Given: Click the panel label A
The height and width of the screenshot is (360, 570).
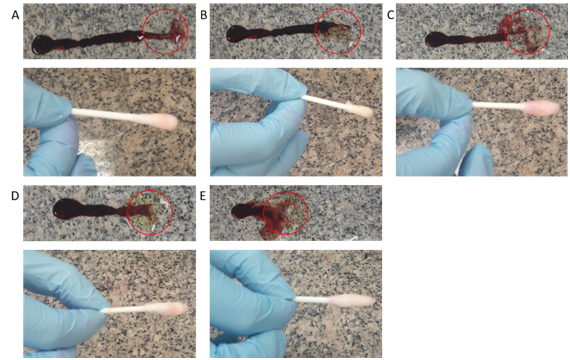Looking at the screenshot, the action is pos(15,15).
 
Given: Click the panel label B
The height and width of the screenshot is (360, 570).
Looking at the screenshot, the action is pos(204,15).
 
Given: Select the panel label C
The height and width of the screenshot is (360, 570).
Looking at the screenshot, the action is pos(391,15).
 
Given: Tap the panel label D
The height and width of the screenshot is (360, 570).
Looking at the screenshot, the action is pos(15,196).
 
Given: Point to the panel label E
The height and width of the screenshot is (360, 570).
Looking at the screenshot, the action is pos(203,196).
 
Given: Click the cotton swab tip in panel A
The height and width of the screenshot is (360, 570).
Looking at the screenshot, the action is pos(164,121).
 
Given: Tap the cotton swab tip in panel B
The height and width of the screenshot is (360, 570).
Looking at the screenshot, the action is pos(361,110).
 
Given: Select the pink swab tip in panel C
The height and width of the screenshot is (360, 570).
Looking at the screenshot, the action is pos(542,108).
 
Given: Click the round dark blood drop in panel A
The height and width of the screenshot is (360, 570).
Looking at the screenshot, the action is pos(41,45).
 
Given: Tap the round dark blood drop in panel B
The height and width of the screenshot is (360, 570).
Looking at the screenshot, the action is pos(236,34).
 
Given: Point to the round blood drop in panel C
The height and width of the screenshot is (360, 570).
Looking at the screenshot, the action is pos(434,39).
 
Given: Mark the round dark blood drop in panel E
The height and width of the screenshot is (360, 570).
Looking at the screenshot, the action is pos(240,211).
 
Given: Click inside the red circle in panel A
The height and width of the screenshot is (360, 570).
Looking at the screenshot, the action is pos(165,32).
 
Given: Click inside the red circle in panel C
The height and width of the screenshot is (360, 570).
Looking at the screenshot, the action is pos(527,32).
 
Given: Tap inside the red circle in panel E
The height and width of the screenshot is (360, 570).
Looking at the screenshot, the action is pos(285,213).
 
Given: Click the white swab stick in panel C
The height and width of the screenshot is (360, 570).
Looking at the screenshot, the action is pos(499,105).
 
